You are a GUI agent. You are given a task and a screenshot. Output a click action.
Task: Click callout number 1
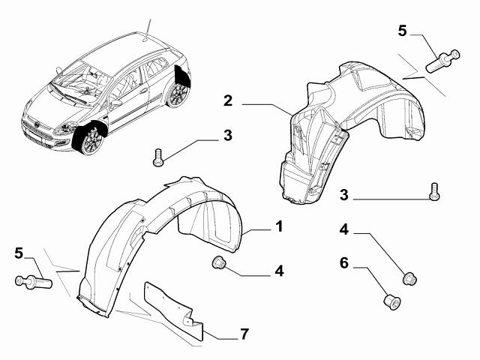tap(277, 226)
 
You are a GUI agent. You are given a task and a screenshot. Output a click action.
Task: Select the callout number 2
tap(227, 100)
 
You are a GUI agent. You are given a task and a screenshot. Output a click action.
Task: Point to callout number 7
tap(244, 334)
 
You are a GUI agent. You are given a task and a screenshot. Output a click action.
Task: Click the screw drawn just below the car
tap(158, 156)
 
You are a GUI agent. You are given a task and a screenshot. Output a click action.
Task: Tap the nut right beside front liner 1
tap(220, 263)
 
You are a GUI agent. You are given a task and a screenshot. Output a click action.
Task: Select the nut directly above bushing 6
tap(409, 278)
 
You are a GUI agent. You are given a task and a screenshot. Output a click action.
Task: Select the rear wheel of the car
tap(178, 94)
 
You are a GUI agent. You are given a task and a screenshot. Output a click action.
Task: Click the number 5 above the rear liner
tap(402, 31)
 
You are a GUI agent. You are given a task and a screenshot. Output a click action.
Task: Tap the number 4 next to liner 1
tap(278, 270)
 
